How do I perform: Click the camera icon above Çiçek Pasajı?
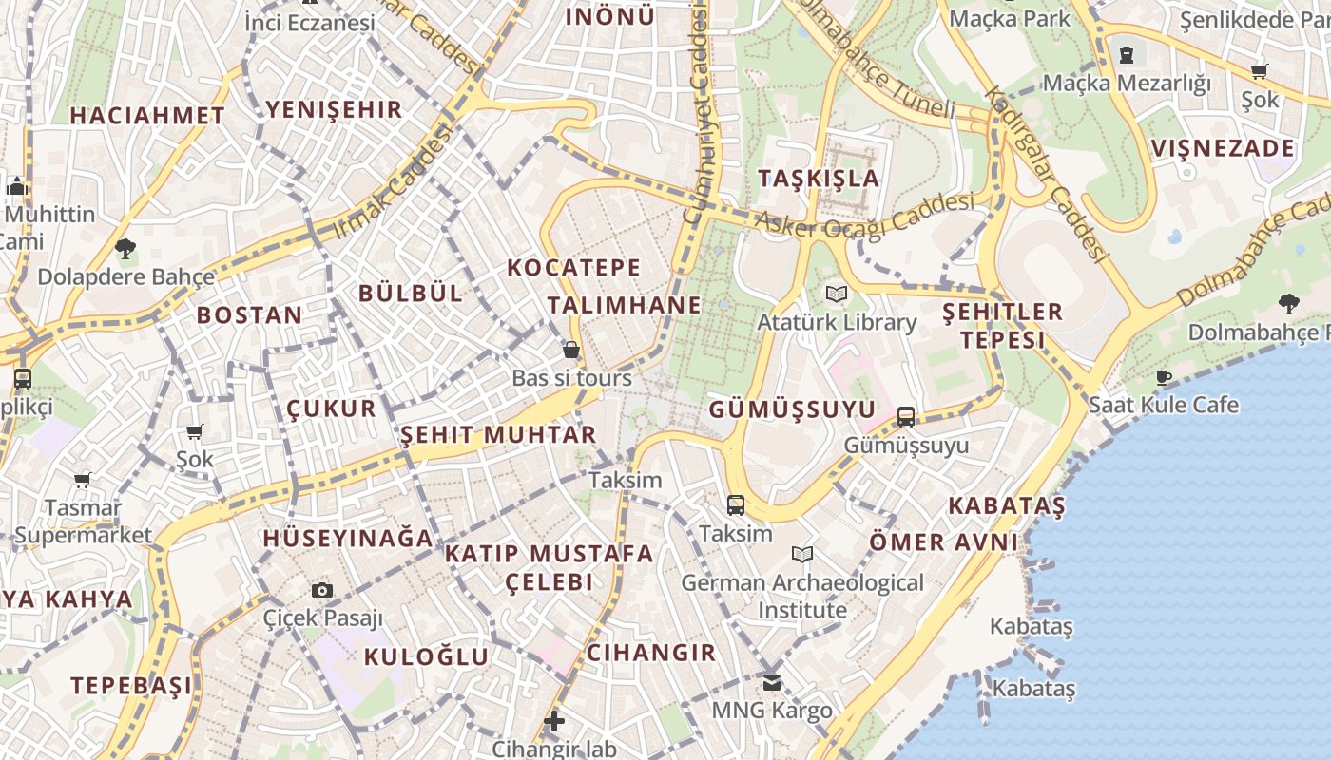click(x=322, y=590)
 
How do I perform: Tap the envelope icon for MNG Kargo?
click(x=772, y=682)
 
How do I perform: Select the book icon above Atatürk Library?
click(x=836, y=294)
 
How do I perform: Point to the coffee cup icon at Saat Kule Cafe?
click(x=1164, y=377)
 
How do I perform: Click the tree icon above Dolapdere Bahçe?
click(x=125, y=249)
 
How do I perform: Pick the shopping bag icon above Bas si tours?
click(x=571, y=350)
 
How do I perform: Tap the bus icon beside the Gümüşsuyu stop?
click(x=906, y=416)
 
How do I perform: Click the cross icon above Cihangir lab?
click(x=554, y=721)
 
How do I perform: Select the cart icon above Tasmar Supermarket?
click(x=83, y=480)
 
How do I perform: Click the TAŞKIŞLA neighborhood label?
click(x=819, y=179)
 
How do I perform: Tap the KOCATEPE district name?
click(x=574, y=267)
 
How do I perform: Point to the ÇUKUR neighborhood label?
click(x=332, y=408)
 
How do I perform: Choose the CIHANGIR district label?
click(x=651, y=653)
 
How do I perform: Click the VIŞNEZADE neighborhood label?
click(x=1223, y=148)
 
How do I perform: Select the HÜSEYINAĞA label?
click(x=348, y=538)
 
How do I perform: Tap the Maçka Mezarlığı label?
click(x=1127, y=84)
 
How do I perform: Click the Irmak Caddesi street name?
click(x=392, y=180)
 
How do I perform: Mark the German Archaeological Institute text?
click(x=802, y=596)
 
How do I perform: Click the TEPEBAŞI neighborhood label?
click(x=131, y=685)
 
